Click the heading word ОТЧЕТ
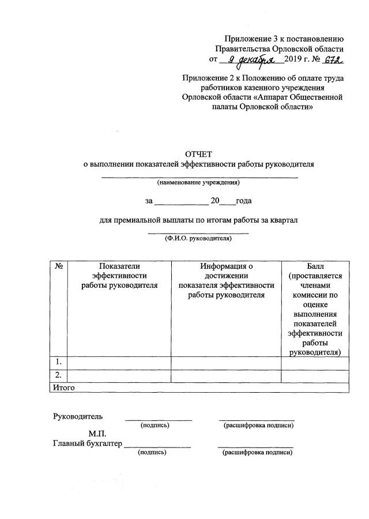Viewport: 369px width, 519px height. [198, 154]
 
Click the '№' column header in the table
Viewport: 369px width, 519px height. [59, 266]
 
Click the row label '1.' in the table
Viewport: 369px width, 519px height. [59, 362]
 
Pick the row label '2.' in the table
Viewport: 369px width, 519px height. [59, 375]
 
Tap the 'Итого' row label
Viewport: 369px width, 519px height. [63, 388]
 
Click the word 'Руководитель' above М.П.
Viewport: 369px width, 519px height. [78, 416]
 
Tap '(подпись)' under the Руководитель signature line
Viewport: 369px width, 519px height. [155, 426]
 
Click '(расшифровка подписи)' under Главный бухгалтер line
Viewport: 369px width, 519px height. [257, 453]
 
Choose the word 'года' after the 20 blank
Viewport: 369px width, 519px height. [244, 201]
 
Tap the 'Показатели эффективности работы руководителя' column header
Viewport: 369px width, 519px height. [119, 276]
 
